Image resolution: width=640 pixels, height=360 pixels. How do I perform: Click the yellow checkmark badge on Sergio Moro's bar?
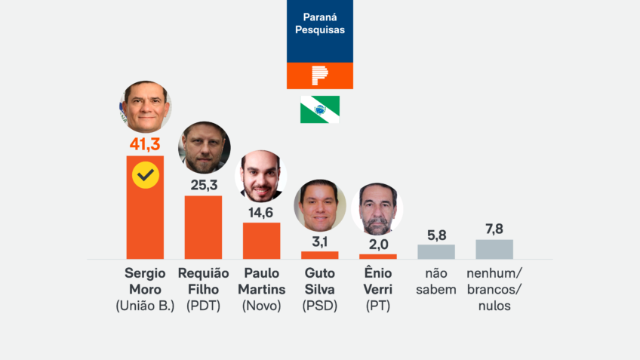pyautogui.click(x=145, y=176)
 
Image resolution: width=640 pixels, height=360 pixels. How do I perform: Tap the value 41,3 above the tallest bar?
pyautogui.click(x=145, y=143)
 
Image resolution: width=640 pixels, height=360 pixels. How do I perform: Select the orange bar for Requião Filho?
pyautogui.click(x=203, y=227)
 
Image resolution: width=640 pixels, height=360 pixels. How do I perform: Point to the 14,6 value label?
pyautogui.click(x=261, y=212)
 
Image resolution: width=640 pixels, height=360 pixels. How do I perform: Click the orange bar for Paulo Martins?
pyautogui.click(x=261, y=241)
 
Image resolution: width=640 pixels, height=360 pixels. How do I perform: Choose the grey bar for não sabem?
pyautogui.click(x=436, y=251)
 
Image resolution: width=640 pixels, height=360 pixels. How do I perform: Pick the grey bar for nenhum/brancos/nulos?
pyautogui.click(x=494, y=249)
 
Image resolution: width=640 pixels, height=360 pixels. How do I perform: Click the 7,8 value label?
pyautogui.click(x=494, y=229)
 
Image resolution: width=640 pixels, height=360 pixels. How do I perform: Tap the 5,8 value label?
pyautogui.click(x=436, y=234)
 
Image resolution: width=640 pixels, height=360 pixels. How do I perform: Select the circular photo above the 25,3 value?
pyautogui.click(x=204, y=148)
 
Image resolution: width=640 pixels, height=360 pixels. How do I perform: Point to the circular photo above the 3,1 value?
pyautogui.click(x=320, y=205)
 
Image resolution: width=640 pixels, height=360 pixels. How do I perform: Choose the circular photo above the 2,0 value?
pyautogui.click(x=377, y=208)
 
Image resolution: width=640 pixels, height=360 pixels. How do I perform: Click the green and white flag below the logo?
pyautogui.click(x=320, y=109)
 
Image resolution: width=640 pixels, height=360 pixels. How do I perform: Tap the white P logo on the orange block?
pyautogui.click(x=320, y=75)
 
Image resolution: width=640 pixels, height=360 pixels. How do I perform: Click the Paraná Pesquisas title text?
pyautogui.click(x=320, y=23)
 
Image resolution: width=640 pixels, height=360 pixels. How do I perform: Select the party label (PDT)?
pyautogui.click(x=203, y=306)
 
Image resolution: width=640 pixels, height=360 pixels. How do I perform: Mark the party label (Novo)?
pyautogui.click(x=261, y=306)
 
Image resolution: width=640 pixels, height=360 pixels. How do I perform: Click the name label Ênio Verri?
pyautogui.click(x=377, y=281)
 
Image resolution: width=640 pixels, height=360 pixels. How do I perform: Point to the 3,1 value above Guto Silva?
pyautogui.click(x=320, y=242)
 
